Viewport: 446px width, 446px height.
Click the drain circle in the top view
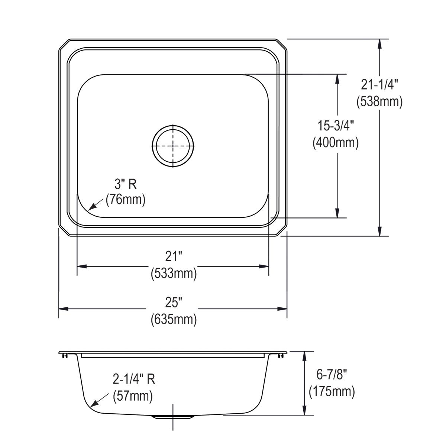173,145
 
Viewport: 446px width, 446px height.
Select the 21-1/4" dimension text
379,85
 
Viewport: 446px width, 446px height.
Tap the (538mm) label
379,101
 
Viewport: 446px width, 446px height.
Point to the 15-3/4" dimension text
336,126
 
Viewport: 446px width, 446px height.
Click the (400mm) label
336,142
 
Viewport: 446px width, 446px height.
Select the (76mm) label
125,200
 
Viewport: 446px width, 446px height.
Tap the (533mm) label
174,274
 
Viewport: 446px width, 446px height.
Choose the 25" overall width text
174,303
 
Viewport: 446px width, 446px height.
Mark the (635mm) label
174,319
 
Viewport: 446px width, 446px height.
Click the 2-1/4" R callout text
134,379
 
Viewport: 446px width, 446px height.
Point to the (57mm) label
133,396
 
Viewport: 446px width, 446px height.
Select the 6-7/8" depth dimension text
332,375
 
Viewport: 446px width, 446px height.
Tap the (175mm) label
332,391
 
